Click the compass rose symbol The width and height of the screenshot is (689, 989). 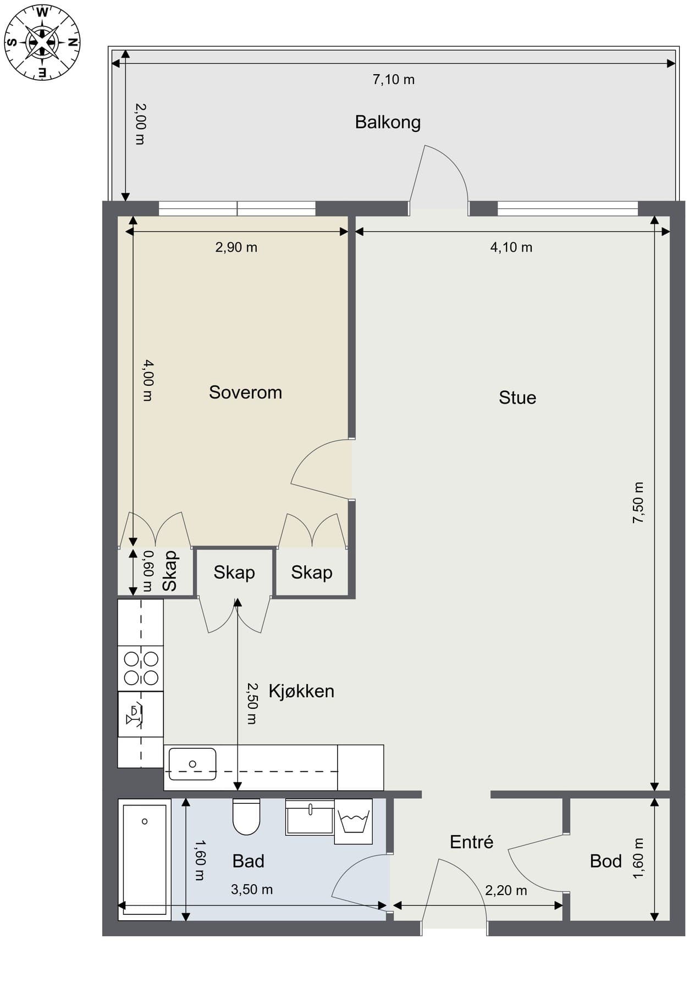click(x=42, y=42)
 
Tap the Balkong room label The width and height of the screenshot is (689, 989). click(x=388, y=122)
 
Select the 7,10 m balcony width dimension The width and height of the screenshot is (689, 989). click(x=394, y=80)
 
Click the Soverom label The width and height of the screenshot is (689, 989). click(x=245, y=392)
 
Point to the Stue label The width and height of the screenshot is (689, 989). click(x=517, y=398)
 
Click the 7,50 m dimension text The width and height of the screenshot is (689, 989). click(x=638, y=502)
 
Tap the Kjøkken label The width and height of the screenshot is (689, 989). click(x=301, y=691)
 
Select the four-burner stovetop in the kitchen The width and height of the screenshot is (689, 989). click(x=141, y=669)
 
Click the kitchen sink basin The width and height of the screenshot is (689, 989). click(x=192, y=764)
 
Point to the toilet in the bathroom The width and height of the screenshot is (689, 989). click(x=246, y=816)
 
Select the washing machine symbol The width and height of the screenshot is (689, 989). click(x=354, y=821)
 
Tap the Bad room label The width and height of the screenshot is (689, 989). click(x=249, y=861)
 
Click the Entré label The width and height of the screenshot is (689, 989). click(x=471, y=842)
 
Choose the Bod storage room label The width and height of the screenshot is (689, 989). click(x=605, y=861)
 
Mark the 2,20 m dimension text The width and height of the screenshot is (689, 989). click(x=506, y=890)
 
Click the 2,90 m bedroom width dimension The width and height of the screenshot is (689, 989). click(x=236, y=247)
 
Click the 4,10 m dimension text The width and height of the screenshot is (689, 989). click(x=511, y=247)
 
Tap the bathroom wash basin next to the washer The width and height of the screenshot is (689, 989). click(x=310, y=818)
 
